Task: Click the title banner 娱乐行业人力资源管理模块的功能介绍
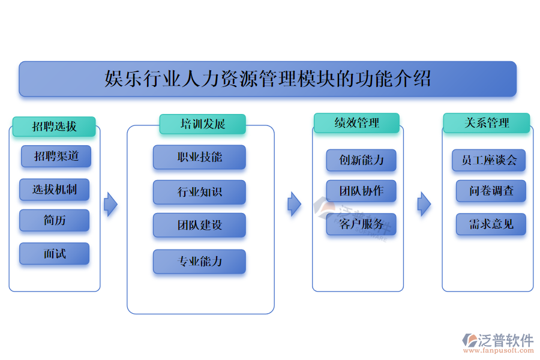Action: click(268, 79)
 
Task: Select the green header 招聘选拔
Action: click(54, 127)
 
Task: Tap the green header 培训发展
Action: click(203, 124)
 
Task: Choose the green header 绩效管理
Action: click(356, 123)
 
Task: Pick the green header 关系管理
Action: click(487, 123)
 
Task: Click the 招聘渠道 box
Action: click(56, 157)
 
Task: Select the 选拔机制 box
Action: click(54, 190)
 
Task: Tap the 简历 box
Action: click(54, 220)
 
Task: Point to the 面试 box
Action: click(54, 254)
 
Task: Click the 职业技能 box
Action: click(199, 157)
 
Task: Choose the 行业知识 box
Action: click(199, 192)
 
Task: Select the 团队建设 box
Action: click(199, 225)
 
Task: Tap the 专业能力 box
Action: click(199, 262)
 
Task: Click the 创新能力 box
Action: click(361, 160)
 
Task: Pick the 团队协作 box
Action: click(361, 191)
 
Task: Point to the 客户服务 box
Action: click(361, 224)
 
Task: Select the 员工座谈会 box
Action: click(489, 160)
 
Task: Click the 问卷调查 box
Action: click(491, 191)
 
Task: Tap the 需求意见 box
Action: click(491, 224)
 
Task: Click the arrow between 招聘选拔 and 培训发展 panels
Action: click(110, 205)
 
